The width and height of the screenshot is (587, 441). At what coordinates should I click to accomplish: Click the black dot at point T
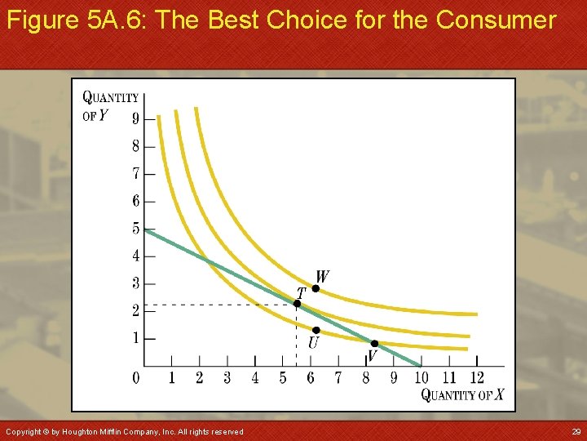[x=298, y=304]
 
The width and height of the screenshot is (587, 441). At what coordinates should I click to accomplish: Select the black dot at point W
[x=316, y=288]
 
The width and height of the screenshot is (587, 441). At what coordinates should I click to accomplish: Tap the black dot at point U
[x=316, y=330]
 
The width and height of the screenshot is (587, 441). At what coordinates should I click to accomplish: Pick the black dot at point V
[x=374, y=344]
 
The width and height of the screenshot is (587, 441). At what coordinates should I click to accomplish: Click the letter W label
[x=323, y=277]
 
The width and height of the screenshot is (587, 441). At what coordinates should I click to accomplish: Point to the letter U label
[x=313, y=344]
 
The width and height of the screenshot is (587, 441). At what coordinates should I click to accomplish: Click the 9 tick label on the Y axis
[x=136, y=118]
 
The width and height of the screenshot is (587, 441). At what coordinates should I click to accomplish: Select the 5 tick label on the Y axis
[x=136, y=229]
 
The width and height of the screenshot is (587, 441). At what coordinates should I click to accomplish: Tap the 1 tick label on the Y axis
[x=136, y=338]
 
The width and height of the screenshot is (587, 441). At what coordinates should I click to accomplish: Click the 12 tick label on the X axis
[x=477, y=377]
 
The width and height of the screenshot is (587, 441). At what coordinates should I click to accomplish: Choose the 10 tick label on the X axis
[x=421, y=377]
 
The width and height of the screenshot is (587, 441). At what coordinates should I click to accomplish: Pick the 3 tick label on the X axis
[x=227, y=377]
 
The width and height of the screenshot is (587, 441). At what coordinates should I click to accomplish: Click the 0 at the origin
[x=136, y=377]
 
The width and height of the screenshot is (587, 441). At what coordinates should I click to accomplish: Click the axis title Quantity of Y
[x=109, y=106]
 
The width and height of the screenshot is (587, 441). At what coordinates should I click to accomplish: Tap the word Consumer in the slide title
[x=496, y=20]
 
